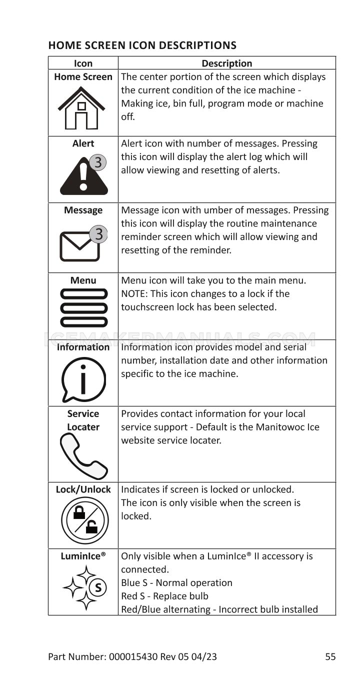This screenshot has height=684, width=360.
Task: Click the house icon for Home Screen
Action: pyautogui.click(x=81, y=107)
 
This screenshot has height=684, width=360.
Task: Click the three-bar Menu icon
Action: pyautogui.click(x=83, y=307)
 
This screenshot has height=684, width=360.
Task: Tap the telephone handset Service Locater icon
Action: pyautogui.click(x=83, y=456)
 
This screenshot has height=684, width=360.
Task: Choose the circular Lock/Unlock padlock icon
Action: pyautogui.click(x=84, y=519)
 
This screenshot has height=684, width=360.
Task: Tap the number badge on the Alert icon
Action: pyautogui.click(x=98, y=162)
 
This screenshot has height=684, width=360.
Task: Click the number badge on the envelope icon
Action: pyautogui.click(x=98, y=233)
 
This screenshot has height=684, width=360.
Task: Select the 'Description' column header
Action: pyautogui.click(x=226, y=63)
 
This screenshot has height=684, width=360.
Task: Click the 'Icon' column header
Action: pyautogui.click(x=83, y=63)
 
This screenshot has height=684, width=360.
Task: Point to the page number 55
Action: pyautogui.click(x=330, y=656)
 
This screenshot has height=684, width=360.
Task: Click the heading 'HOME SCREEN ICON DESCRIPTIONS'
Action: pyautogui.click(x=142, y=45)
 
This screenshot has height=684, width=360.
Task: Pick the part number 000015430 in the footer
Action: pyautogui.click(x=133, y=656)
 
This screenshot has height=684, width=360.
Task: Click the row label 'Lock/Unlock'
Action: pyautogui.click(x=83, y=489)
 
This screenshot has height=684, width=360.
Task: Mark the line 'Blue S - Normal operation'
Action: pyautogui.click(x=176, y=582)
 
